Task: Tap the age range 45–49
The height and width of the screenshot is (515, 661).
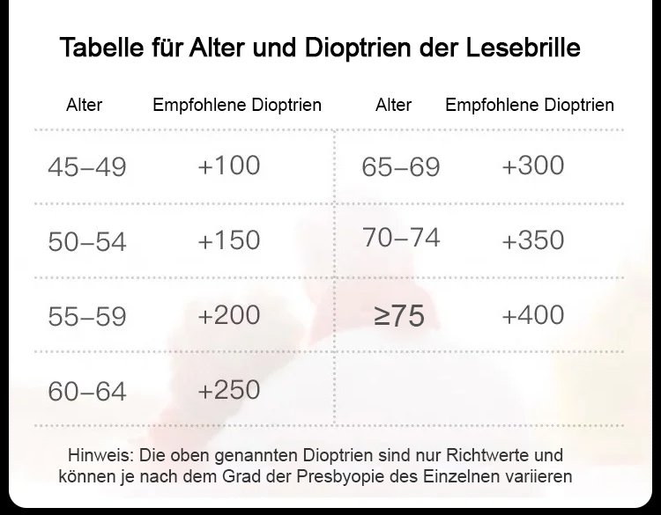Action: (87, 167)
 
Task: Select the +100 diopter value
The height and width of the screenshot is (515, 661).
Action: (229, 165)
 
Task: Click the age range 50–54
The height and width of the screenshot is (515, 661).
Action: (87, 242)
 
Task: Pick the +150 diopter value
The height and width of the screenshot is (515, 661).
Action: (229, 240)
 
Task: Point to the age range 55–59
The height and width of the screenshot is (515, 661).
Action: (87, 317)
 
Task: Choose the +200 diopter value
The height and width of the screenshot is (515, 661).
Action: (229, 315)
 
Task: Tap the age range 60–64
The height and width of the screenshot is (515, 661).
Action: (87, 392)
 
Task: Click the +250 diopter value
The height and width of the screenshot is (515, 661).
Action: (229, 390)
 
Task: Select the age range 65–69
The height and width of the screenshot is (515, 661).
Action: (401, 167)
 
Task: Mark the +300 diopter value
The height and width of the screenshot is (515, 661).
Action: (532, 165)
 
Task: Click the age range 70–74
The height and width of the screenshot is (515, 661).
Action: (401, 237)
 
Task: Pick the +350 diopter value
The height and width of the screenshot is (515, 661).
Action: (532, 240)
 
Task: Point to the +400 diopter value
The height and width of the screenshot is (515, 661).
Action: (532, 315)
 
